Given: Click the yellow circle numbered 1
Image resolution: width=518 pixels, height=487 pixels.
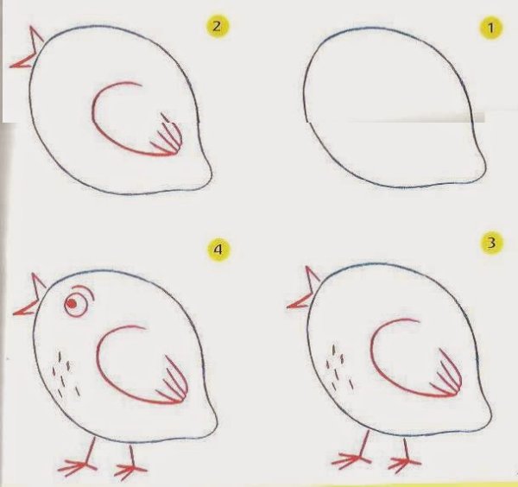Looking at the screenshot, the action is click(x=491, y=28).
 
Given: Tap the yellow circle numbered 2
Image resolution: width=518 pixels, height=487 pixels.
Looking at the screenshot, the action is click(x=217, y=27).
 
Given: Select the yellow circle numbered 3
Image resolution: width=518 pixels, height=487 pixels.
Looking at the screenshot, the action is click(x=491, y=244).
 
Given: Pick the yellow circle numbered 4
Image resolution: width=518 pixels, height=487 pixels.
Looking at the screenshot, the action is click(x=218, y=250).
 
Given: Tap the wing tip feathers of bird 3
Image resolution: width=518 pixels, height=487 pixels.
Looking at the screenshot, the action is click(x=447, y=373).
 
